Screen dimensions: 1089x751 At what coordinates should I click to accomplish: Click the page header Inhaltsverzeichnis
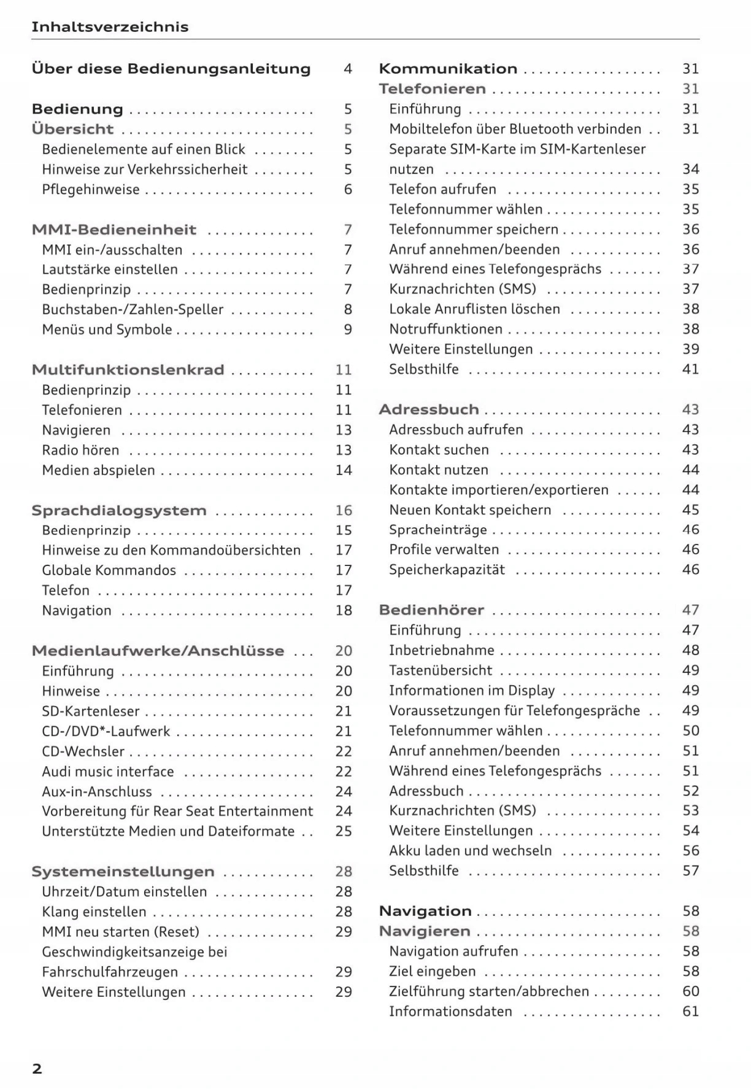click(110, 27)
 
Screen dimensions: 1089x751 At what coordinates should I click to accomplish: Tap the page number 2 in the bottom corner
click(37, 1068)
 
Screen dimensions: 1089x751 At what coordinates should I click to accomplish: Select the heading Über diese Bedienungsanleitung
click(171, 69)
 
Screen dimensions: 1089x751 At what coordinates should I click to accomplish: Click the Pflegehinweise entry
click(91, 190)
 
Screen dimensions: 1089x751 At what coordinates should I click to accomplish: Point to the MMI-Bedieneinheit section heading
click(114, 230)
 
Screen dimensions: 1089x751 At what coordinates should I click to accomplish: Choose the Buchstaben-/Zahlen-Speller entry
click(133, 309)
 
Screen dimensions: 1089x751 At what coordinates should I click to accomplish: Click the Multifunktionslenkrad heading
click(128, 370)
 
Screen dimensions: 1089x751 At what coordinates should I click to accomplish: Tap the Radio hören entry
click(80, 450)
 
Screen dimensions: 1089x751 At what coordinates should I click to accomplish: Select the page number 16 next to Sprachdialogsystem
click(344, 511)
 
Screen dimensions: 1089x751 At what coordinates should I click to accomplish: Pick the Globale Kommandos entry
click(109, 570)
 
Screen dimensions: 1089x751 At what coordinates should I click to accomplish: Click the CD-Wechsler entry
click(83, 751)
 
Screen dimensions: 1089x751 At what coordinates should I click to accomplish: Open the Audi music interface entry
click(108, 772)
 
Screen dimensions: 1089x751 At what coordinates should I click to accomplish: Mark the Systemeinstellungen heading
click(123, 872)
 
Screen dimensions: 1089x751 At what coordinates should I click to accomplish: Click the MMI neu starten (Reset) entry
click(120, 932)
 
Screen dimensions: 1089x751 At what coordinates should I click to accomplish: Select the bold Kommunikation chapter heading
click(448, 69)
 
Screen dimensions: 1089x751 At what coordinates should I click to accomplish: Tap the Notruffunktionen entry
click(445, 329)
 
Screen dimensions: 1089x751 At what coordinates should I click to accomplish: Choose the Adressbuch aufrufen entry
click(456, 430)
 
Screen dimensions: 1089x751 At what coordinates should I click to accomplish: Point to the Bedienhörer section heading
click(431, 610)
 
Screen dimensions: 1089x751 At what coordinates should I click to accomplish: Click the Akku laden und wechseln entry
click(470, 851)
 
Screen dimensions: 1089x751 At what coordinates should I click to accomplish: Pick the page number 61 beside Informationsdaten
click(690, 1012)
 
